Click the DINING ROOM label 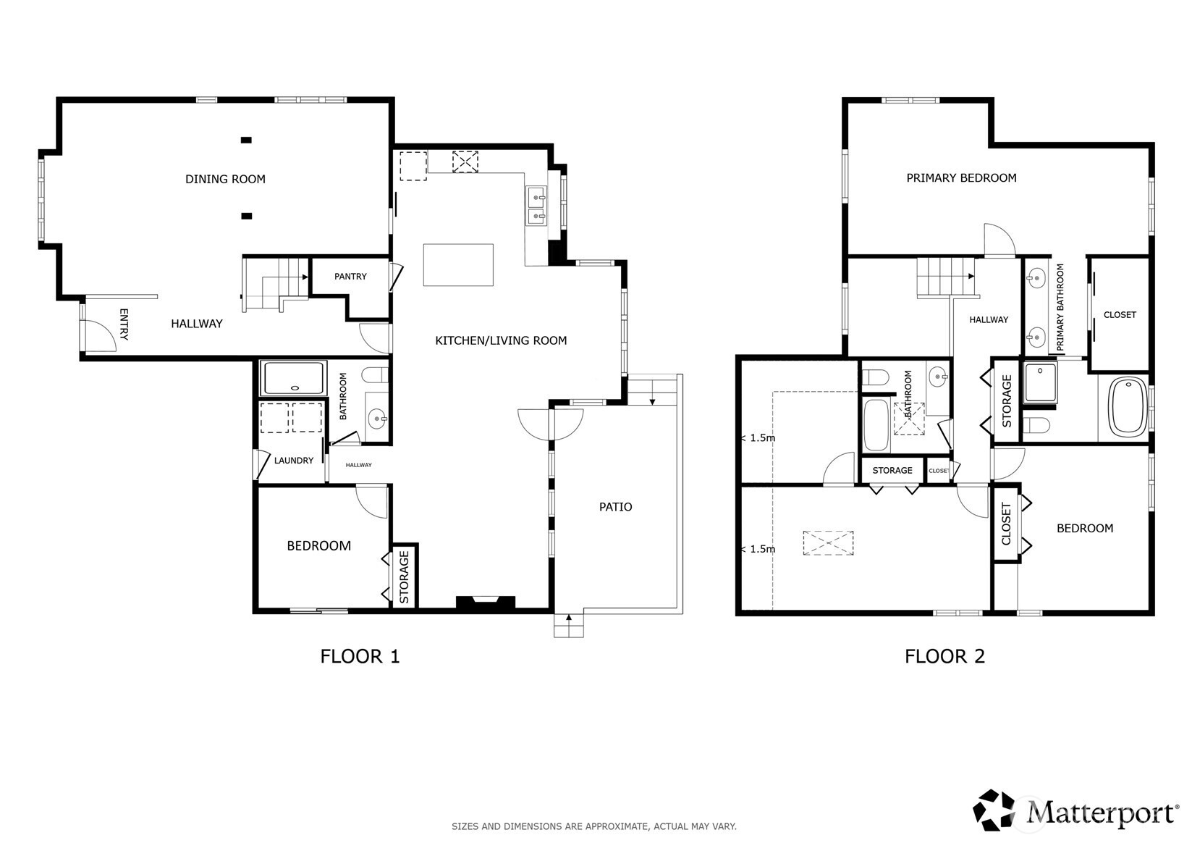225,179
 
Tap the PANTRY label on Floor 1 350,277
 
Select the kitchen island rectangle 458,264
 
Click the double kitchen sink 536,206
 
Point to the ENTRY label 124,324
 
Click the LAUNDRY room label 294,461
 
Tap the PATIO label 616,507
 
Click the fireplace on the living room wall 486,602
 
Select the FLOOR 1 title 360,657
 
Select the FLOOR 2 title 944,657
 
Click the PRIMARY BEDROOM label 962,178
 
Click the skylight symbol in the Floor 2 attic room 828,542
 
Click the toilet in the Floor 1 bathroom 375,375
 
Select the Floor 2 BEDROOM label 1084,528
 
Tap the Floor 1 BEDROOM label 318,546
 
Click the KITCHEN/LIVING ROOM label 501,341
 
